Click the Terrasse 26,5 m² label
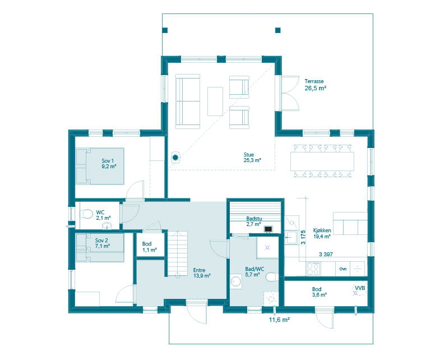click(316, 85)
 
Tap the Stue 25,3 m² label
click(249, 158)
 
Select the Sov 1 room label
click(109, 163)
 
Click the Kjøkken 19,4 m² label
click(322, 233)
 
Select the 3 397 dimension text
click(326, 255)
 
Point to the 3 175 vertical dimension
click(303, 238)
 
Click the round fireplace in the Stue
click(175, 158)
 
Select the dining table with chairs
click(322, 160)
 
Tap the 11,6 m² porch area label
click(279, 320)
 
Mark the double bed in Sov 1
click(100, 166)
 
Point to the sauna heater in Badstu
click(269, 229)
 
